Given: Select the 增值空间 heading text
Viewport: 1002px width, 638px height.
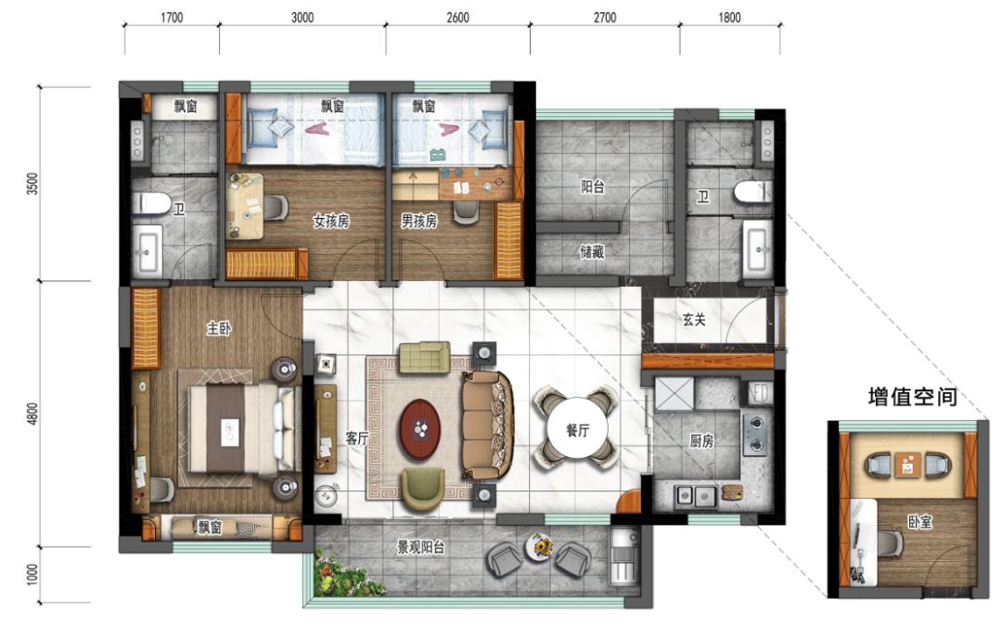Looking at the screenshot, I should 912,398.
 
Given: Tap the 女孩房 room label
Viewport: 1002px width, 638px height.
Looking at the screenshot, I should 330,222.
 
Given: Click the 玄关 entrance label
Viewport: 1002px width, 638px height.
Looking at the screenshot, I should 695,320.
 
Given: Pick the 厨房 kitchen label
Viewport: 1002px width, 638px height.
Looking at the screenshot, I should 701,441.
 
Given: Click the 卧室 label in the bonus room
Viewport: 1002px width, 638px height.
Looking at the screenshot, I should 920,524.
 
